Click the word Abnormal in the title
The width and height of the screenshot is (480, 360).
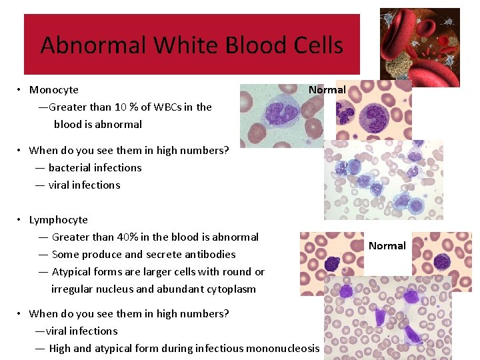point(93,45)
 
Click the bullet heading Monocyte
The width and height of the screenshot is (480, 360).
point(54,90)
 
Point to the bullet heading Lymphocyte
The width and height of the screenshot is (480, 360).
point(59,220)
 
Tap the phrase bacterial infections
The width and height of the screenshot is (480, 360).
point(95,168)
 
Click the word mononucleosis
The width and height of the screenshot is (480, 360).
point(283,349)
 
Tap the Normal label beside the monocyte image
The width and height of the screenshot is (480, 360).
point(327,90)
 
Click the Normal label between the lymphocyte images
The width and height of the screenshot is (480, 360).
point(387,246)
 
